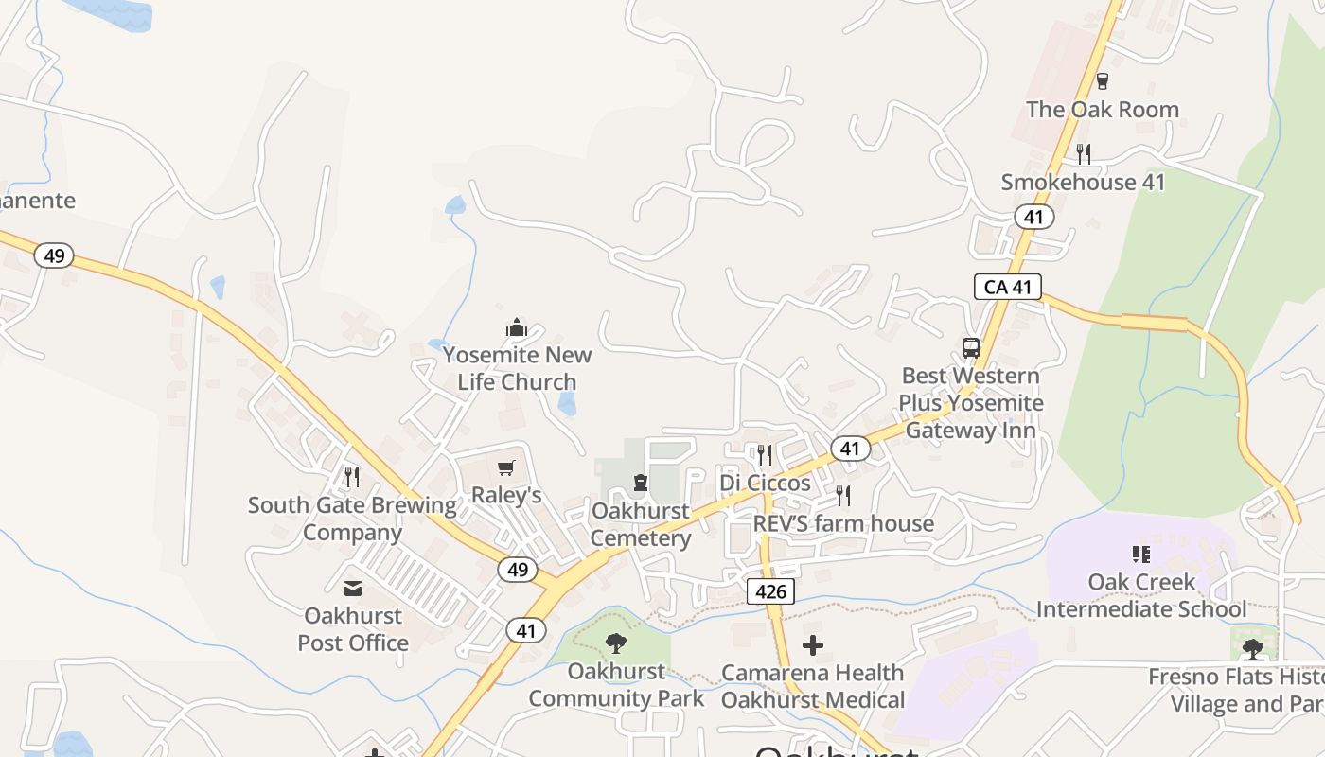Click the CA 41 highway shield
click(1008, 286)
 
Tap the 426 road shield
click(770, 592)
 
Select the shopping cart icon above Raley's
click(506, 467)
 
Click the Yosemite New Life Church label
click(517, 369)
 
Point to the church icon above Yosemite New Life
click(517, 328)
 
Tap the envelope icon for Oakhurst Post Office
click(352, 589)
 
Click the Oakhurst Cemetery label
click(641, 524)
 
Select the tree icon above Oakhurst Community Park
click(616, 644)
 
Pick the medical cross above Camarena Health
click(812, 645)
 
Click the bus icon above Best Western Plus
click(971, 347)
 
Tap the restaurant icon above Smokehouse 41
click(1084, 153)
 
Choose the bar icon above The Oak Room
click(1102, 81)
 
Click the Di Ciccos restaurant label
click(765, 483)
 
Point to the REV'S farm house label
click(843, 523)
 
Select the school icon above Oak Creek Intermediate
click(1141, 555)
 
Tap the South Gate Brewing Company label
click(352, 519)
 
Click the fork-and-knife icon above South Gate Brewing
click(352, 476)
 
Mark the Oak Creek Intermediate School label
click(1141, 595)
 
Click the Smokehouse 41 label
click(1083, 182)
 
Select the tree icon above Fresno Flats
click(1252, 649)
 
